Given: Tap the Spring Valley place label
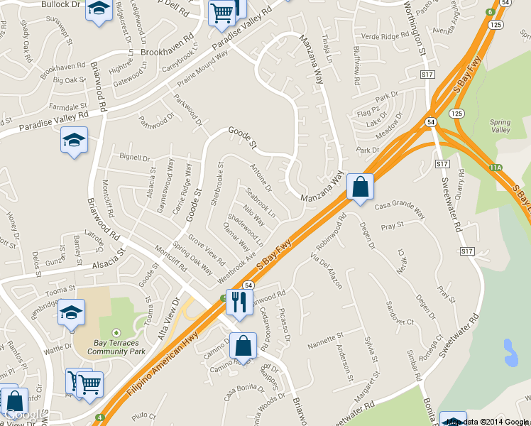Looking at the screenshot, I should [x=500, y=126].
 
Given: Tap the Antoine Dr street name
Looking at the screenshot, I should [x=261, y=177].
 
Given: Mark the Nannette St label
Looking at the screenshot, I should [x=325, y=342].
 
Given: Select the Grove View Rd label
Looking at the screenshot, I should [x=207, y=251].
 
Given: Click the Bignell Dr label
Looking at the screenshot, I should [x=136, y=158].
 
